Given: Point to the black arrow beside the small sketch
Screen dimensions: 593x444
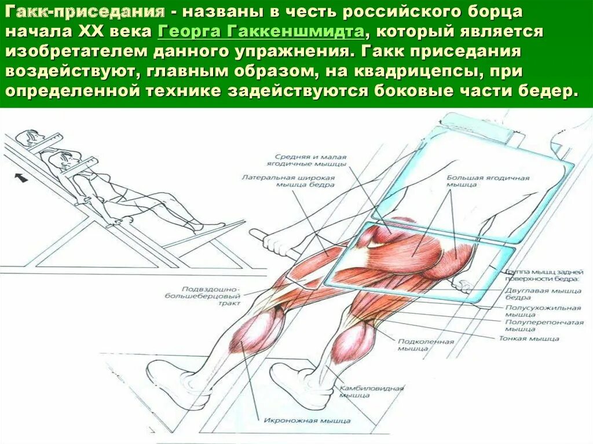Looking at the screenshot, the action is tap(21, 178).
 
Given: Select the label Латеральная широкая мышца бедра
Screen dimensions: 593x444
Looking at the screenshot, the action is tap(288, 181).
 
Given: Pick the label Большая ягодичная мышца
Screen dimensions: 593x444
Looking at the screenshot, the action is tap(488, 181).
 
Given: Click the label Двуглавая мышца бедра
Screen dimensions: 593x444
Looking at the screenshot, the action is tap(543, 294).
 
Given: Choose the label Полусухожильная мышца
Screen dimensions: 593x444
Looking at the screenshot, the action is tap(543, 312).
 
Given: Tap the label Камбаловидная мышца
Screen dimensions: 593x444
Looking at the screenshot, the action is tap(371, 391).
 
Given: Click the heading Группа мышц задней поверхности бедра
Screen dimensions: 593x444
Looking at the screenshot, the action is tap(543, 274).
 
